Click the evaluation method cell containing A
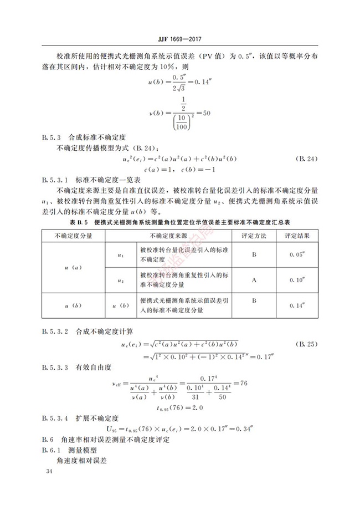click(254, 280)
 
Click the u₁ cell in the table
click(121, 255)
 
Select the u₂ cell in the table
click(121, 280)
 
